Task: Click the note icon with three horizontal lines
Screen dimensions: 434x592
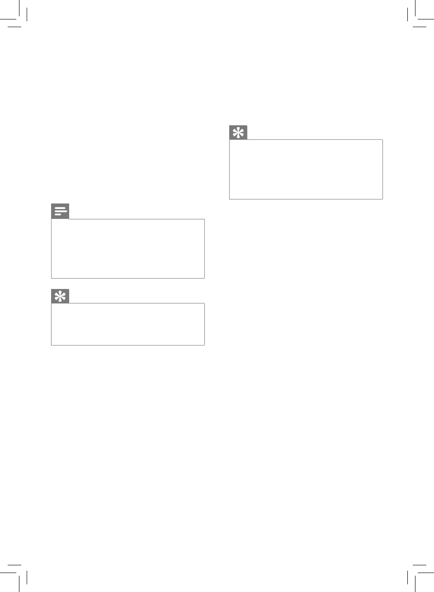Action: (x=60, y=211)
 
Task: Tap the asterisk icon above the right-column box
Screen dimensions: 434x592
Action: (x=238, y=133)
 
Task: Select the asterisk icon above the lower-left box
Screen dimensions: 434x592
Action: (x=60, y=296)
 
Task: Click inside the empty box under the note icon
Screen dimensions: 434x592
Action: (x=128, y=249)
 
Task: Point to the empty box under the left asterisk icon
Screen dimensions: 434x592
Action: (x=128, y=324)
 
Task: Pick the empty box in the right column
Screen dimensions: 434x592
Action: (x=306, y=169)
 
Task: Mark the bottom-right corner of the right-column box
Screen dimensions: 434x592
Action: (x=382, y=199)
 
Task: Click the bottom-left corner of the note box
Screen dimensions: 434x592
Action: (x=52, y=278)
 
